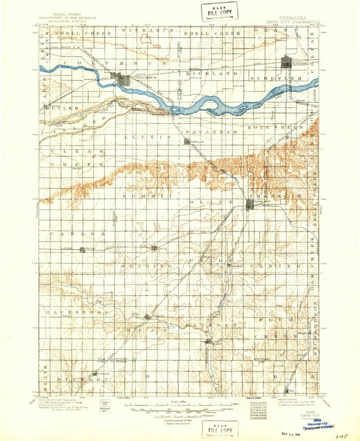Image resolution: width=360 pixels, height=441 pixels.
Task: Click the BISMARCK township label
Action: pyautogui.click(x=140, y=32)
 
